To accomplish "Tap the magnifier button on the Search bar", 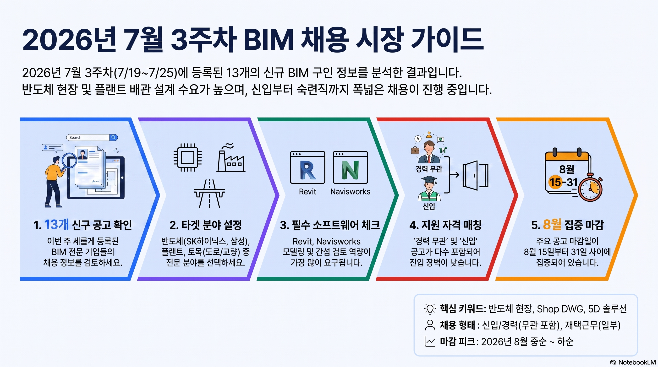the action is tap(113, 137).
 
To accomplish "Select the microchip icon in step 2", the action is tap(187, 157).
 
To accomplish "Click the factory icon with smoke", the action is tap(231, 157).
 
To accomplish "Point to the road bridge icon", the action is tap(209, 194).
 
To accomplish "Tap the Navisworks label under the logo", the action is tap(350, 191).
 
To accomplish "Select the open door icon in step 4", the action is tap(475, 175).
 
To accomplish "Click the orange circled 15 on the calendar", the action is tap(555, 182).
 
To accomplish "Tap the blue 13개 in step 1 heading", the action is tap(56, 225).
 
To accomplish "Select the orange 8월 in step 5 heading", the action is tap(552, 225).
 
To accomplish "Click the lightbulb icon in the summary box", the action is tap(430, 308).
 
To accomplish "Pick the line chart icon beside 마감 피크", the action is tap(430, 341).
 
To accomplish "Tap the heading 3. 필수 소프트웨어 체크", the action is tap(330, 225).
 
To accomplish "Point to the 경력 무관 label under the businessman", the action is tap(429, 169).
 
